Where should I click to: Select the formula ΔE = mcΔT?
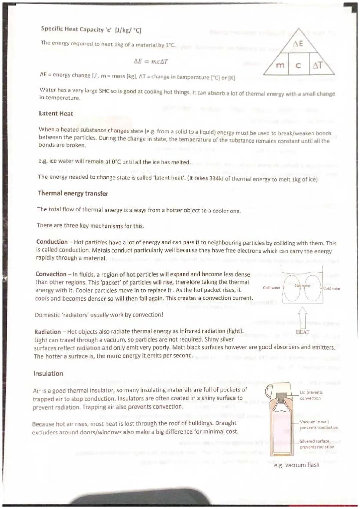(x=151, y=61)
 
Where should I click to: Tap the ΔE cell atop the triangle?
(x=298, y=44)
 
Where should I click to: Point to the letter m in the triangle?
(x=280, y=65)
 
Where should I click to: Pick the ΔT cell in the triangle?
(x=317, y=65)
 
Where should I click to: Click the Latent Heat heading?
(x=56, y=113)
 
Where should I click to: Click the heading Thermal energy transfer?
(x=73, y=193)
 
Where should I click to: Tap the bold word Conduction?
(x=52, y=242)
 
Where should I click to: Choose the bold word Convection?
(x=51, y=274)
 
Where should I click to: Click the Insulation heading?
(x=48, y=374)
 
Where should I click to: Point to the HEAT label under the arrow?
(x=302, y=332)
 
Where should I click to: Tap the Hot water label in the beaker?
(x=302, y=285)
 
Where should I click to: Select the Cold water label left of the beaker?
(x=271, y=288)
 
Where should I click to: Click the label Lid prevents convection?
(x=311, y=395)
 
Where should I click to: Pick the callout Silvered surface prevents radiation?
(x=316, y=444)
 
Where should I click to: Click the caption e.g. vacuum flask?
(x=296, y=465)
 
